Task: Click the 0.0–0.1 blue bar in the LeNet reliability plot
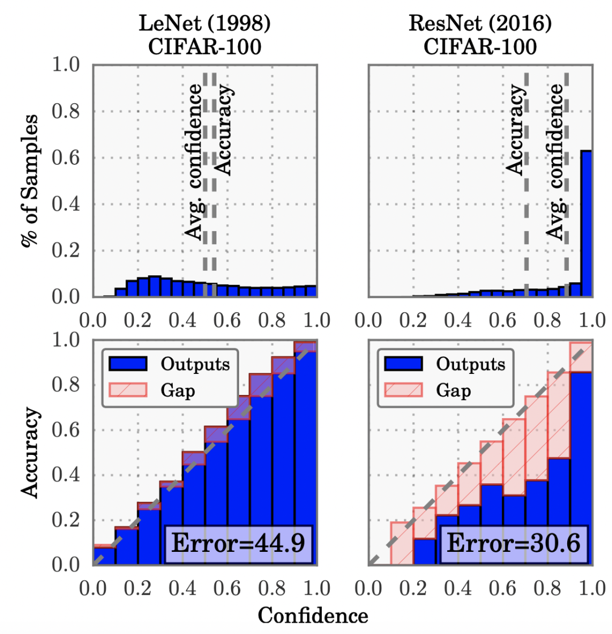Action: (104, 556)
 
